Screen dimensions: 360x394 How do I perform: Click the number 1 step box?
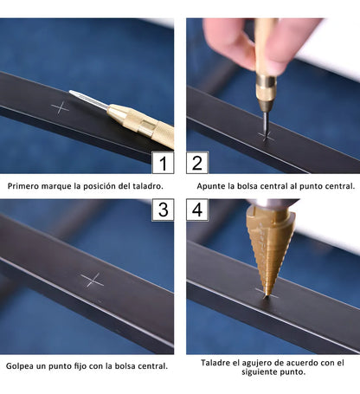[x=163, y=163]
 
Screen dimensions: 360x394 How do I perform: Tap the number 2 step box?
[x=197, y=163]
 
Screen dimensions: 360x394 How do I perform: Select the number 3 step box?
[x=163, y=210]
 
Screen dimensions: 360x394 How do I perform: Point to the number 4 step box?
[x=197, y=210]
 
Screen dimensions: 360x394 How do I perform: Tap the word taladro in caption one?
[x=147, y=186]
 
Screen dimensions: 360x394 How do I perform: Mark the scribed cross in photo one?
[x=61, y=108]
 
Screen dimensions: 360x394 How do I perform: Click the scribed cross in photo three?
[x=92, y=280]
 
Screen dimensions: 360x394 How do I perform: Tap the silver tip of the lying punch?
[x=71, y=92]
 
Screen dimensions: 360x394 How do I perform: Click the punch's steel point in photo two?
[x=266, y=127]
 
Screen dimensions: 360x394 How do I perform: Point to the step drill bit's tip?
[x=267, y=295]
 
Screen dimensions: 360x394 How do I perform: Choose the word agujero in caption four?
[x=255, y=363]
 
